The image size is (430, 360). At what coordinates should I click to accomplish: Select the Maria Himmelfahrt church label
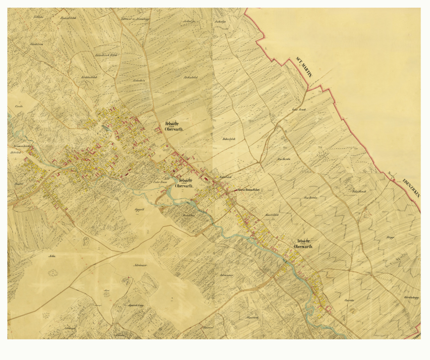[249, 190]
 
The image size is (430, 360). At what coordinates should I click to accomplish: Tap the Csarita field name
[349, 300]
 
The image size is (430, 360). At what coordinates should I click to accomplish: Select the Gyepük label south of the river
[140, 210]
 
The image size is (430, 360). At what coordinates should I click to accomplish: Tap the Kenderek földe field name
[107, 56]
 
